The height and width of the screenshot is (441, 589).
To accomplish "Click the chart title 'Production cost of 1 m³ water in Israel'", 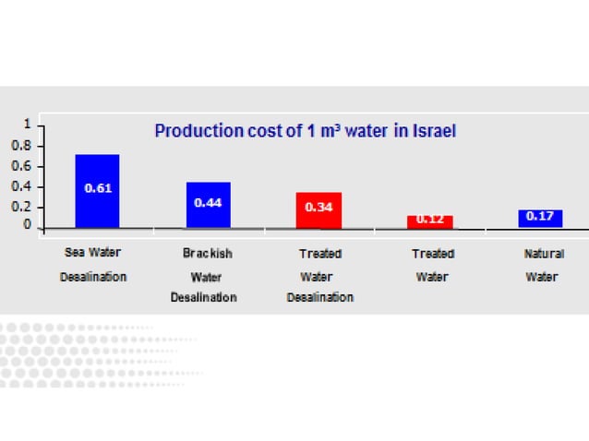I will click(x=305, y=131).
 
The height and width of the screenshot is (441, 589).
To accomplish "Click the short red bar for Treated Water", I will click(x=429, y=221).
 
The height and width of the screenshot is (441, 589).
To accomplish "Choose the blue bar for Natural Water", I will click(x=540, y=218).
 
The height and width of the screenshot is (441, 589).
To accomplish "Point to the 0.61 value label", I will click(x=97, y=188).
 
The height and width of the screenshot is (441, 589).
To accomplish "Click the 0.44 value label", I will click(x=208, y=202).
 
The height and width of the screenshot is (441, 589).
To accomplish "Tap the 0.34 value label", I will click(x=319, y=208).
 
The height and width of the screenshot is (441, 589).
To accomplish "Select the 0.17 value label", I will click(x=540, y=217).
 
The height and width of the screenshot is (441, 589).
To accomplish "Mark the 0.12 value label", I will click(x=429, y=220).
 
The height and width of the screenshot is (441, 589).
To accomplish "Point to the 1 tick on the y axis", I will click(x=28, y=124).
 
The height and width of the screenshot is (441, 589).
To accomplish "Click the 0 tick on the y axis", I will click(x=28, y=225).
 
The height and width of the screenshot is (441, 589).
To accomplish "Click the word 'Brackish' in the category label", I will click(x=208, y=253).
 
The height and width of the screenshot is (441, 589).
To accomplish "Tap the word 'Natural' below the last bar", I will click(x=544, y=253).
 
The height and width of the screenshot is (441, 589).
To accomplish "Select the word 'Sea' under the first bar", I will click(x=75, y=251).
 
